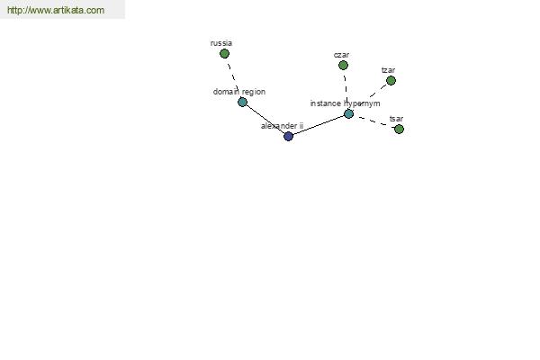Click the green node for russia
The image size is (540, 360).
coord(224,54)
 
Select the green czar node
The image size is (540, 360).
coord(343,65)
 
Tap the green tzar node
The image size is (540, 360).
coord(391,81)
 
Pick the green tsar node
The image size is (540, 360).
coord(399,130)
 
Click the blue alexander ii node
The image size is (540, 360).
coord(288,137)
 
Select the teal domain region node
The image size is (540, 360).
coord(242,102)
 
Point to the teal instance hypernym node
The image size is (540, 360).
coord(348,113)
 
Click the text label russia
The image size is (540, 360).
coord(221,43)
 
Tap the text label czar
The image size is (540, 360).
coord(341,55)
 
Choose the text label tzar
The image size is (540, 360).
coord(388,70)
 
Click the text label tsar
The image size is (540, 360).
coord(396,119)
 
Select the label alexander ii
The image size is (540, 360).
coord(282,126)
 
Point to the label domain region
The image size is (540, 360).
coord(239,92)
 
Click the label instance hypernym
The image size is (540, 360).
coord(345,103)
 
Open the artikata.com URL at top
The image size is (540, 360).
coord(56,10)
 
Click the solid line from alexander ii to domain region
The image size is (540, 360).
coord(265,119)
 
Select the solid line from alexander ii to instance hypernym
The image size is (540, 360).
coord(319,125)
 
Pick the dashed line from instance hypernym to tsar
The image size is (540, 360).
coord(373,121)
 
